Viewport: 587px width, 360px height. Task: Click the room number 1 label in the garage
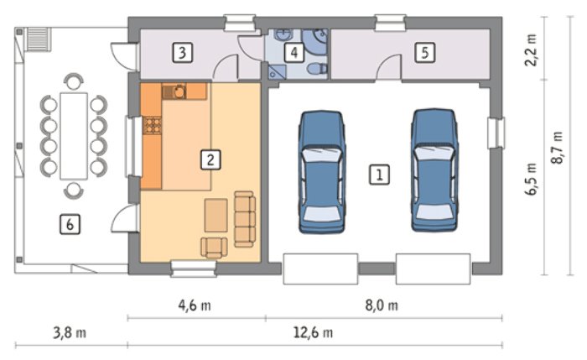[379, 175]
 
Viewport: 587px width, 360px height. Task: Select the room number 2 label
[210, 159]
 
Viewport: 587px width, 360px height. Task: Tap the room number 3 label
[182, 52]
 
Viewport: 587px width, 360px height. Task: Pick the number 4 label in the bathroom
[293, 52]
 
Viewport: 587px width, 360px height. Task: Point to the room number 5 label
[425, 52]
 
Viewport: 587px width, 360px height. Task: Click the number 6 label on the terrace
[70, 224]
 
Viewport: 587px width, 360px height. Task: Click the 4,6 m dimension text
[195, 305]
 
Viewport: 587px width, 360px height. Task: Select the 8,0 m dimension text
[382, 305]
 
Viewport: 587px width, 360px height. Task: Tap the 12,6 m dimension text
[313, 332]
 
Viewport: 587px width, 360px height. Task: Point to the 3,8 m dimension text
[70, 332]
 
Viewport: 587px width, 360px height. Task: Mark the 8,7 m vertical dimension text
[557, 147]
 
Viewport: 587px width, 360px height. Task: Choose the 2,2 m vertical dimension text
[531, 50]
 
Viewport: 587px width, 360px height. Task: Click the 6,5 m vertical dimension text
[531, 179]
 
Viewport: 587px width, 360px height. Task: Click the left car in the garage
[321, 172]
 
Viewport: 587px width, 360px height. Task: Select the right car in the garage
[434, 170]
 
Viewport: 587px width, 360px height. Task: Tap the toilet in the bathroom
[317, 69]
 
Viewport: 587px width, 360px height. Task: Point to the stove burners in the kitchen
[153, 125]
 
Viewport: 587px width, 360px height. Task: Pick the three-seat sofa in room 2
[245, 219]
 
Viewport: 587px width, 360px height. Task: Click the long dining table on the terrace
[74, 136]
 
